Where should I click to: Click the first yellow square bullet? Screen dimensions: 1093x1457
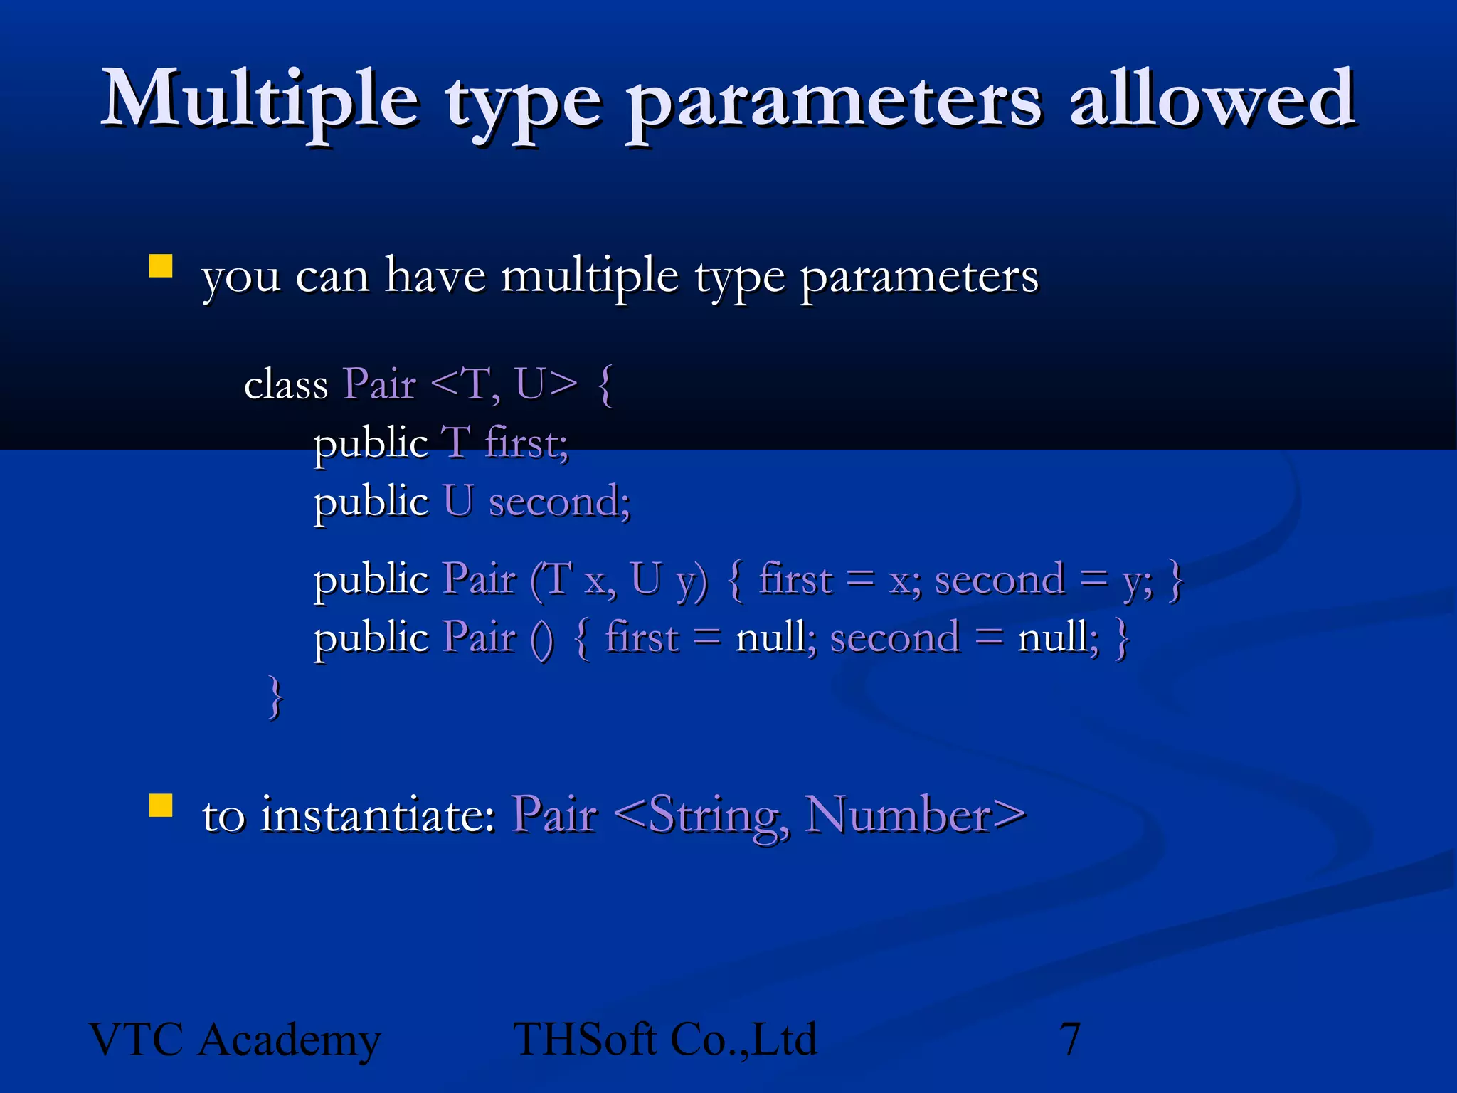pos(161,266)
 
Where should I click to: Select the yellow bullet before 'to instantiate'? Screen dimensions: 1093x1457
pos(161,806)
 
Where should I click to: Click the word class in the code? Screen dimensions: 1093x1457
pos(285,385)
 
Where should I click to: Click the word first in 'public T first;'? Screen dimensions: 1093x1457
pos(526,443)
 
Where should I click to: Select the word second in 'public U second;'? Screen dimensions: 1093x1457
pos(559,501)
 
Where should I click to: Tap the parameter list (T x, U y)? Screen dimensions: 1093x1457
pos(619,579)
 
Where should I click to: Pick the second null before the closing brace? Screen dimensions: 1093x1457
pos(1057,638)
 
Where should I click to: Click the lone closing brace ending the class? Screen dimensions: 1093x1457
pos(275,697)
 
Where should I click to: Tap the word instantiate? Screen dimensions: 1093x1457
pos(377,815)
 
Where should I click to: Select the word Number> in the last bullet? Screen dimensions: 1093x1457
pos(915,815)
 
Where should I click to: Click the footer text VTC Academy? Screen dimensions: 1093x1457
pos(235,1040)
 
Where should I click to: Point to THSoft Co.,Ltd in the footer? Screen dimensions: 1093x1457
pos(664,1040)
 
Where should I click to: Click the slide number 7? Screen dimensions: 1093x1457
pos(1070,1040)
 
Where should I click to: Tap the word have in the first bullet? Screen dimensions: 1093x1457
pos(435,276)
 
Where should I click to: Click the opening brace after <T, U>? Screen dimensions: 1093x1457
pos(605,385)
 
